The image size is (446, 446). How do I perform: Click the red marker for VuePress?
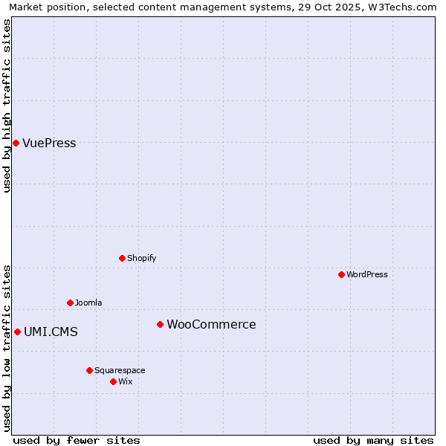[16, 143]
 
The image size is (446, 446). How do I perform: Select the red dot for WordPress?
[341, 274]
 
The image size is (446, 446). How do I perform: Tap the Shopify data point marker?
[122, 258]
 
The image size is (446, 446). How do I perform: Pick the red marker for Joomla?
[70, 303]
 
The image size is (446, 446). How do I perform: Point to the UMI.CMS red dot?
[17, 332]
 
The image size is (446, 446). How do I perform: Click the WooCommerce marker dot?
[160, 324]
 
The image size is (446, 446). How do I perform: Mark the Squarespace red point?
[89, 370]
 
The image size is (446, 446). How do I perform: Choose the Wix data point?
[113, 381]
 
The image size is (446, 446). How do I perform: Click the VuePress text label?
[49, 143]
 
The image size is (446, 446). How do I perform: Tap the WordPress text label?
[367, 274]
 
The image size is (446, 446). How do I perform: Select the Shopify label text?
[141, 258]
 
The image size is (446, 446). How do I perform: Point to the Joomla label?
[88, 303]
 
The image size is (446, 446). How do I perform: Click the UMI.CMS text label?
[51, 332]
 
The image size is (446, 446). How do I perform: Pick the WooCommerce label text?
[211, 325]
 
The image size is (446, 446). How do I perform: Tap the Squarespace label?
[120, 370]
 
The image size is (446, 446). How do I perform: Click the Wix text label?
[126, 381]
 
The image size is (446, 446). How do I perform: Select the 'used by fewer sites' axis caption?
[77, 440]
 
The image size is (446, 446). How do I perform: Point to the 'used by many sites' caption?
[373, 440]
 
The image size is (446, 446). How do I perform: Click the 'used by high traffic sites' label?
[7, 106]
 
